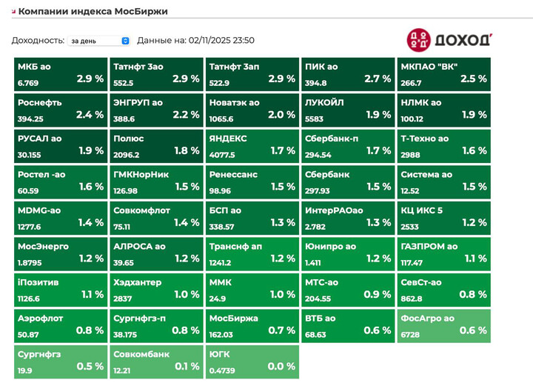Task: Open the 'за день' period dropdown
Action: coord(98,41)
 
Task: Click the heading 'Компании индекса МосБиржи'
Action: coord(93,11)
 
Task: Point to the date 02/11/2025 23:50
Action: coord(221,41)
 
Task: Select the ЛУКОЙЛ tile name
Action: coord(323,103)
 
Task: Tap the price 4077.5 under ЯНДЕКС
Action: coord(222,156)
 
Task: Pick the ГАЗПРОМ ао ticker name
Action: coord(429,247)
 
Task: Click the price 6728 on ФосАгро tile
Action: coord(410,335)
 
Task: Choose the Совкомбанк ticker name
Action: coord(141,354)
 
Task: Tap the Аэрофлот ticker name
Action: coord(40,319)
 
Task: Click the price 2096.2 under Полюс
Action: coord(127,156)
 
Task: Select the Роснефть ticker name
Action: coord(40,103)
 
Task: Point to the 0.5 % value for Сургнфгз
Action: coord(90,366)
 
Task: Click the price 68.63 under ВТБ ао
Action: coord(315,335)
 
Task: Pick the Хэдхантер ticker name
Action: coord(138,282)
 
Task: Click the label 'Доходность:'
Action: coord(38,41)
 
